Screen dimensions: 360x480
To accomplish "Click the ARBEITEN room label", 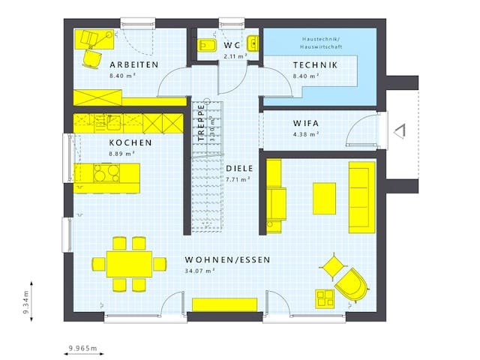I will tap(133, 65).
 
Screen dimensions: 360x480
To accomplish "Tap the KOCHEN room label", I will tap(130, 142).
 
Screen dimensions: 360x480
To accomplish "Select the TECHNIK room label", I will tap(314, 65).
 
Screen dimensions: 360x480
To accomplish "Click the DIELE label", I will tap(239, 169).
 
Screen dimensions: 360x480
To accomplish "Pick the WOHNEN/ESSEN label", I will tap(227, 259).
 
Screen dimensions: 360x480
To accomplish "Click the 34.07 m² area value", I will tap(199, 270).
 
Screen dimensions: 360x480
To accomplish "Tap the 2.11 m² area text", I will tap(236, 56).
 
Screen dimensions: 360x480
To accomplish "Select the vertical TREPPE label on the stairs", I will tap(202, 123).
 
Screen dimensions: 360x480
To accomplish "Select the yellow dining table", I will tap(129, 263).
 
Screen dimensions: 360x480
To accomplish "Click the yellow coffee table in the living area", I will tap(324, 199).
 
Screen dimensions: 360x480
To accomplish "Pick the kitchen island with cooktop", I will tap(106, 174).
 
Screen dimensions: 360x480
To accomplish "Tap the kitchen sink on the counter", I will tap(111, 120).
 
